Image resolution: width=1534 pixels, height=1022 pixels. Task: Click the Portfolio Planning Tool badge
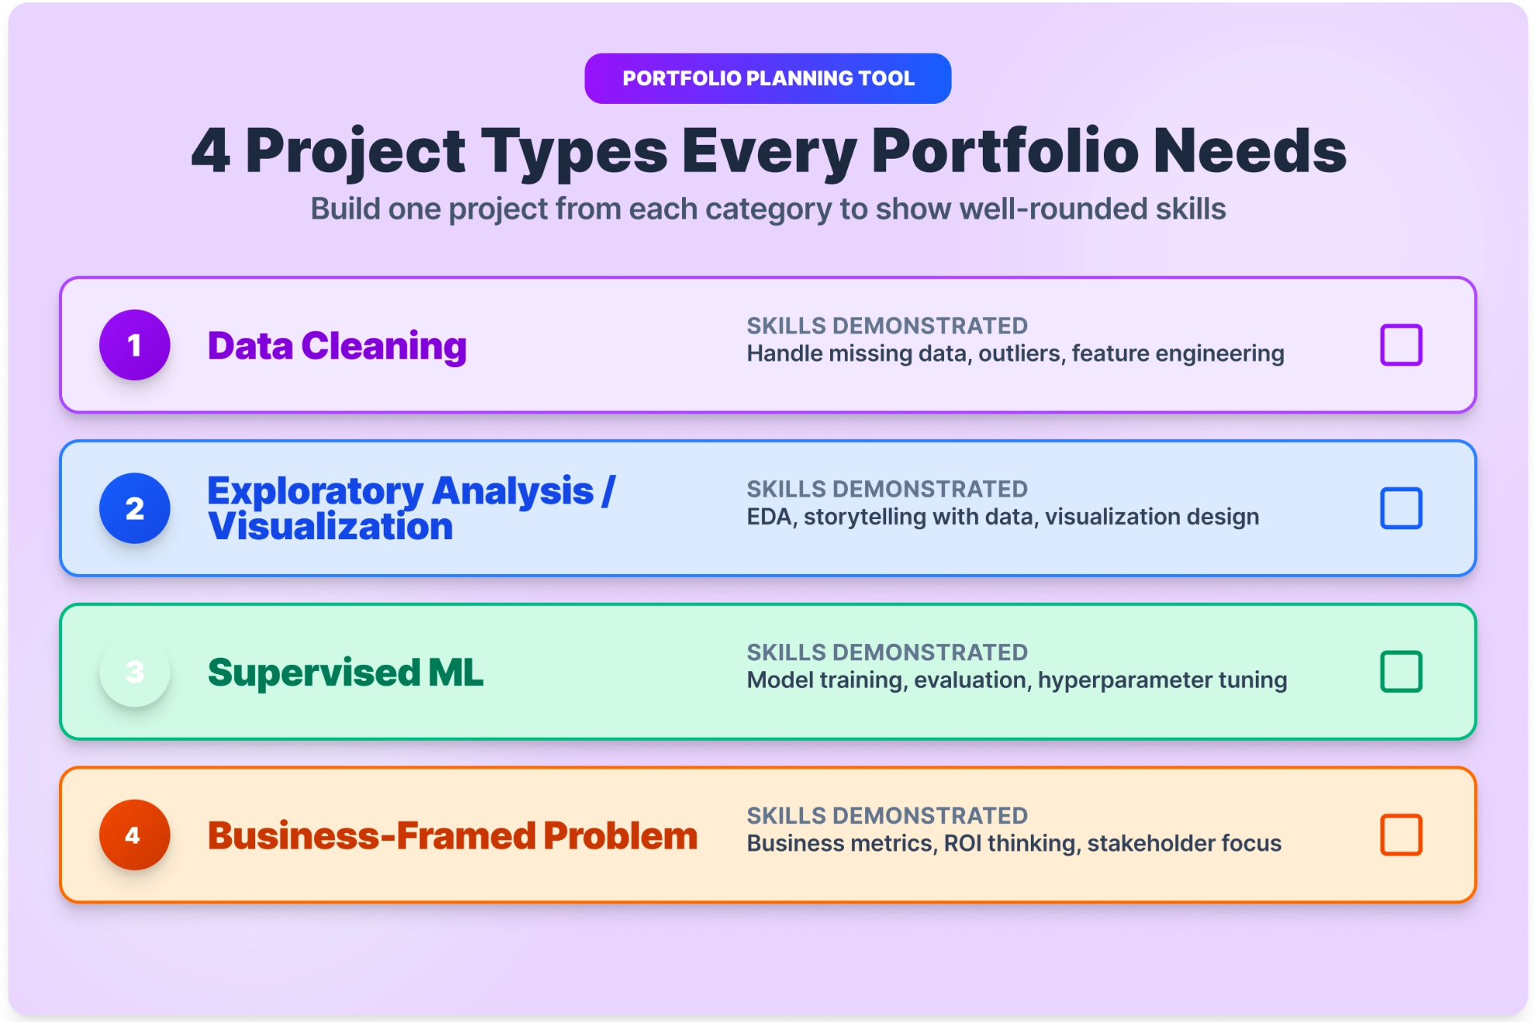(x=767, y=78)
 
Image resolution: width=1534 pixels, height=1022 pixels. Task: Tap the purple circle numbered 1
(x=135, y=345)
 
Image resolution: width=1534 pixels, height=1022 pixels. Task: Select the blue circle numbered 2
(x=135, y=508)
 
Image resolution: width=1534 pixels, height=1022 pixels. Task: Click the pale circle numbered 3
(x=135, y=672)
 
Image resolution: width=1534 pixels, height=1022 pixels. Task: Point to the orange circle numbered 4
(x=135, y=834)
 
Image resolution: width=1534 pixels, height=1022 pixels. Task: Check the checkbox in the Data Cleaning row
(x=1401, y=345)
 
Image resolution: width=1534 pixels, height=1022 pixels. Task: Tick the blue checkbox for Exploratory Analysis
(x=1401, y=508)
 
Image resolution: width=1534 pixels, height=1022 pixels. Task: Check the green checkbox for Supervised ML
(x=1401, y=672)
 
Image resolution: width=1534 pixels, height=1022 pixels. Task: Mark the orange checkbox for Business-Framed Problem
(x=1401, y=834)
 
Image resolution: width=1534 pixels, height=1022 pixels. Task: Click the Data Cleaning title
(x=337, y=346)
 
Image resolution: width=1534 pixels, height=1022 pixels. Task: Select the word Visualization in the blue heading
(x=330, y=527)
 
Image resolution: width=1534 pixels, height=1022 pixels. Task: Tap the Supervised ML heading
(x=346, y=673)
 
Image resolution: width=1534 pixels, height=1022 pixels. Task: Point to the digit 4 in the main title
(x=211, y=151)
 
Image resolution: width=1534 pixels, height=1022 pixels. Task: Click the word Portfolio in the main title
(x=1005, y=151)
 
